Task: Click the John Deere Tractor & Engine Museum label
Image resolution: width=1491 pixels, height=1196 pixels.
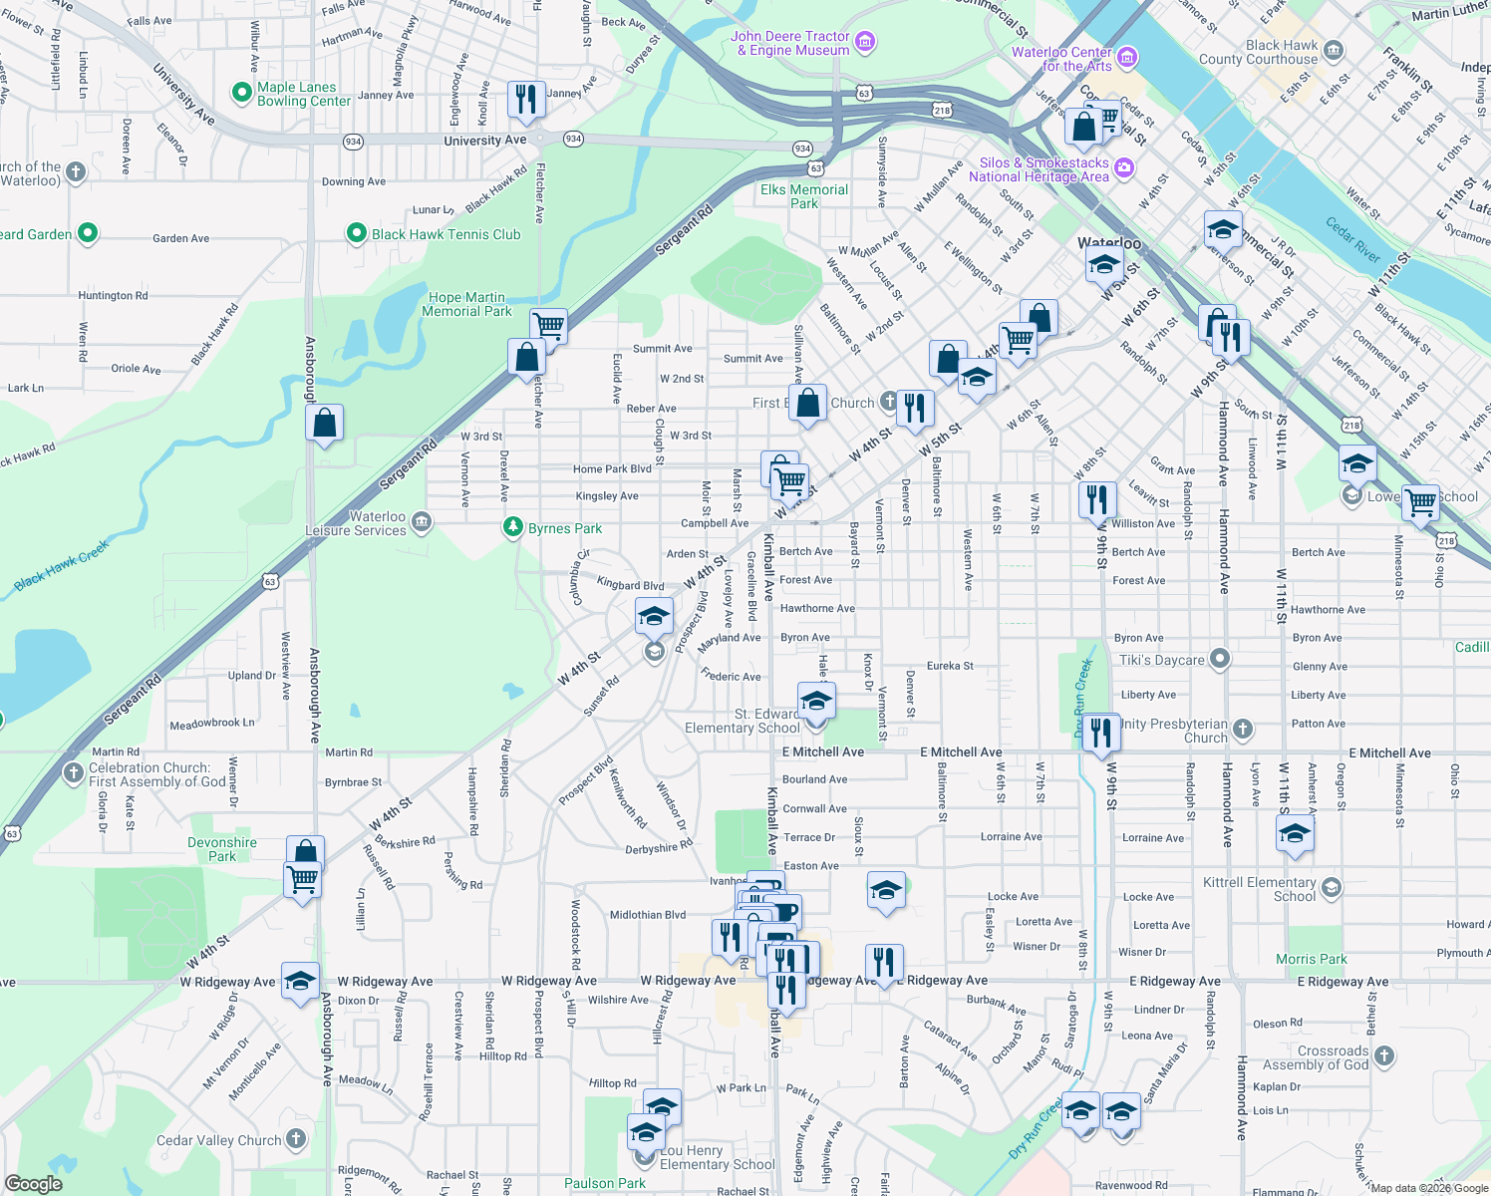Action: click(789, 43)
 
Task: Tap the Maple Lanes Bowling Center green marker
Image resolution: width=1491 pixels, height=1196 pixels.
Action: click(241, 93)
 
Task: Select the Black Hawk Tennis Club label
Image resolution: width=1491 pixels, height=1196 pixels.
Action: click(446, 234)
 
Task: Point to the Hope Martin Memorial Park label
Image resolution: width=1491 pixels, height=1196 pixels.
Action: click(466, 304)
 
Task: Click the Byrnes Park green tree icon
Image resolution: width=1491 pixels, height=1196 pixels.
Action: click(513, 527)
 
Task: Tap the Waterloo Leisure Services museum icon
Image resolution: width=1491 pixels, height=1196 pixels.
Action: click(422, 521)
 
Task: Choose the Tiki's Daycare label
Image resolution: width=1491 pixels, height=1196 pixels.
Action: click(1162, 660)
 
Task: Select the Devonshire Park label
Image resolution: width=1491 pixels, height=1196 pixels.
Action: click(222, 849)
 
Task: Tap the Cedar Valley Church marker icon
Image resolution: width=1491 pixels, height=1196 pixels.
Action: click(296, 1138)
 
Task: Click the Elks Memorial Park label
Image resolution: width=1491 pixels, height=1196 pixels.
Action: click(804, 196)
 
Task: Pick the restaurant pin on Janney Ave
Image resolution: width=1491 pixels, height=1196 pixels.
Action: click(525, 99)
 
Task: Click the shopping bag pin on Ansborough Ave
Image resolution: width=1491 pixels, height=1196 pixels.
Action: click(325, 424)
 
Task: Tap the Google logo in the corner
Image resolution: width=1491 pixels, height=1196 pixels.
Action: click(34, 1184)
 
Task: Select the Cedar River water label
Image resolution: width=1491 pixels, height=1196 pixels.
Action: click(1352, 239)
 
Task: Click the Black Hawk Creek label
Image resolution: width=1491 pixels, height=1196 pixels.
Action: click(62, 566)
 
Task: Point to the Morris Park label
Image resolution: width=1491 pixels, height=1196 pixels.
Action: click(1311, 959)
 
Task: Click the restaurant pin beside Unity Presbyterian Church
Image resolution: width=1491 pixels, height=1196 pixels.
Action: click(1100, 733)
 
